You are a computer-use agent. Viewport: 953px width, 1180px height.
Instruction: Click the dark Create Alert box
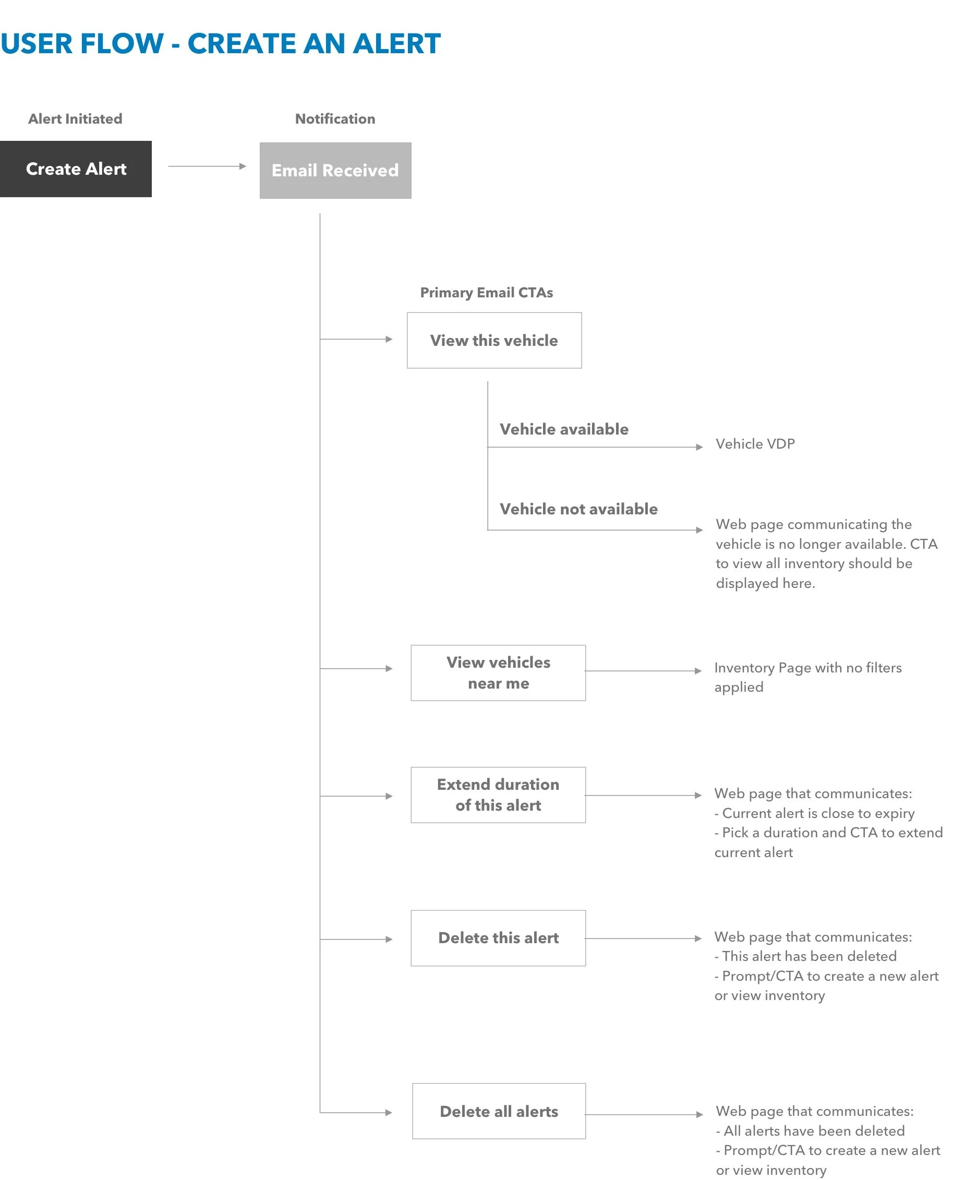point(76,169)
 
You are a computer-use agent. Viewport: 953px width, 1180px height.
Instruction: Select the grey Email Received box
point(335,171)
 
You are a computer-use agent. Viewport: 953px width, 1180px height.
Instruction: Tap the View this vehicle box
point(494,341)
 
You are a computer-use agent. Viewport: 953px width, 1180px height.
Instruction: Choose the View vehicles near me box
point(498,672)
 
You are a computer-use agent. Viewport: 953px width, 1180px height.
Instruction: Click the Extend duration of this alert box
point(498,794)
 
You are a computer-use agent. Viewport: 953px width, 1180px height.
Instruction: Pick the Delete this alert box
point(498,938)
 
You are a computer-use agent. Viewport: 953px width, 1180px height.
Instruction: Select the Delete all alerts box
point(499,1111)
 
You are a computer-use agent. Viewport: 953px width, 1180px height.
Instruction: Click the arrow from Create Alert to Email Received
point(207,166)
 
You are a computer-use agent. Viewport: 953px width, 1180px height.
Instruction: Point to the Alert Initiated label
point(75,118)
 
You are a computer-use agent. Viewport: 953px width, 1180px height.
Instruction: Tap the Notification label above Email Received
point(335,118)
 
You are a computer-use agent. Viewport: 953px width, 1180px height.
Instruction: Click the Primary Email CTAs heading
point(486,293)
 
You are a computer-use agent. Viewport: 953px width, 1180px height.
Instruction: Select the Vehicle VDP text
point(755,443)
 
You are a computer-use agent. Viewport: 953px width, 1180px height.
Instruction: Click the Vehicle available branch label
point(564,429)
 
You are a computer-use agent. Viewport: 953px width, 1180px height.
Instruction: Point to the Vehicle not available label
point(578,509)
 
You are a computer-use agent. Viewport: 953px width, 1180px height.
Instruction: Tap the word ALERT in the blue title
point(396,44)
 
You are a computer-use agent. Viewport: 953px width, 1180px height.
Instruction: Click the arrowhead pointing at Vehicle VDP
point(699,447)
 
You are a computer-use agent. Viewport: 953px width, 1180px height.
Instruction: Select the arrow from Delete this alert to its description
point(643,938)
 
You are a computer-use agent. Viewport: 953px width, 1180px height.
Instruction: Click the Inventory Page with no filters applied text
point(807,677)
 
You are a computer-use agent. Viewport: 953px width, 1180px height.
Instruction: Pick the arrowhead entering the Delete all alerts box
point(389,1113)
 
